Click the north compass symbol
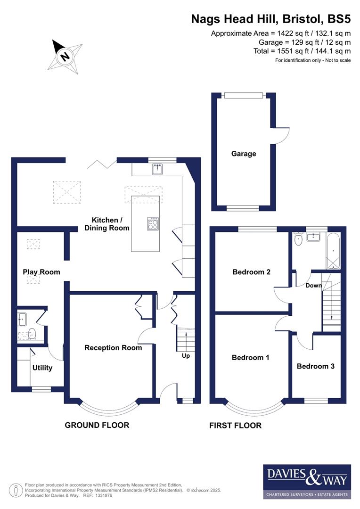(x=65, y=56)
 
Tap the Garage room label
(x=243, y=154)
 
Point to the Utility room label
(x=42, y=368)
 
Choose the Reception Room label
(x=113, y=348)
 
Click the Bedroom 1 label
(x=250, y=357)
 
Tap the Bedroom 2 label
(x=251, y=272)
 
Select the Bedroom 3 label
(x=316, y=366)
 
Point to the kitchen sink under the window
(x=157, y=169)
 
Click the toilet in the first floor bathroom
(x=298, y=240)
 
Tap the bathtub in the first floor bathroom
(x=333, y=252)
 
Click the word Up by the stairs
(x=186, y=356)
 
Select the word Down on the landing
(x=313, y=285)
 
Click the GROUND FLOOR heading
(x=97, y=425)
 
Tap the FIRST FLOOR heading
(x=235, y=426)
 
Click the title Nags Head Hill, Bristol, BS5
(x=270, y=19)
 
